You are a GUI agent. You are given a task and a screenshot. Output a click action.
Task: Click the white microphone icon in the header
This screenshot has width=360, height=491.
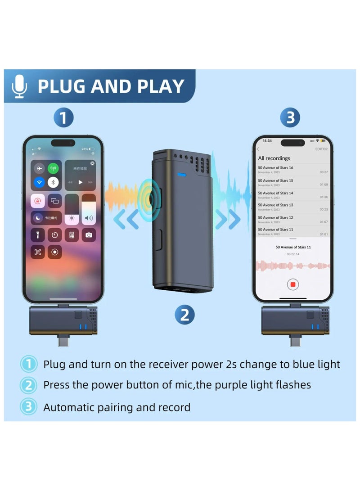(x=19, y=86)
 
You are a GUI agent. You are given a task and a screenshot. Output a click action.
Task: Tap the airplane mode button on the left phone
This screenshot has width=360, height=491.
(x=39, y=168)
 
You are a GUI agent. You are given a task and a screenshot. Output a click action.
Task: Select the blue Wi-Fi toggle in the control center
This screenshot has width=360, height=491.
(x=39, y=183)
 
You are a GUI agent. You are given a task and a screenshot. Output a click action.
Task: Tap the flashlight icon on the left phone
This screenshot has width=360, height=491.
(x=38, y=235)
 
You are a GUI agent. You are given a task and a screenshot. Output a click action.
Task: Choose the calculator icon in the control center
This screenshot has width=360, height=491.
(x=72, y=235)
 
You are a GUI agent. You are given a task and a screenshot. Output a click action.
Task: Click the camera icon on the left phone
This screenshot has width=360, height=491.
(x=89, y=235)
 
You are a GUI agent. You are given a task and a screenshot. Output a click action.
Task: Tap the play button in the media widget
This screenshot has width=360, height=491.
(x=81, y=182)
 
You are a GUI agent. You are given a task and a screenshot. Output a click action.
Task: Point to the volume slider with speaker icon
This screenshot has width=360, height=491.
(x=89, y=209)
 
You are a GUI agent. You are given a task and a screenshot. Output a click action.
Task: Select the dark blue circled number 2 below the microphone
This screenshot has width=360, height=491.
(x=184, y=315)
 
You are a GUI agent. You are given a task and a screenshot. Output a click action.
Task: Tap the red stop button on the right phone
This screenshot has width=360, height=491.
(x=292, y=284)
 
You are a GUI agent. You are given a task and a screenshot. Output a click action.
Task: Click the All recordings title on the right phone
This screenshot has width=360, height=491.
(x=274, y=158)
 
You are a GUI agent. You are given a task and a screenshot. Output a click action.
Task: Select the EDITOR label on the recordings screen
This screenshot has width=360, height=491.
(x=321, y=149)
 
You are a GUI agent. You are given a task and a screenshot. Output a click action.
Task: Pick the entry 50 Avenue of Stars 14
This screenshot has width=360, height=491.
(x=275, y=193)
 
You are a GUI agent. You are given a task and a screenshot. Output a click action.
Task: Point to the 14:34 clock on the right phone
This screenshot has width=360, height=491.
(x=267, y=140)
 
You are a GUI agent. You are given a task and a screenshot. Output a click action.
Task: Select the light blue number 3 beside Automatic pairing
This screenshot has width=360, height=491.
(x=28, y=407)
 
